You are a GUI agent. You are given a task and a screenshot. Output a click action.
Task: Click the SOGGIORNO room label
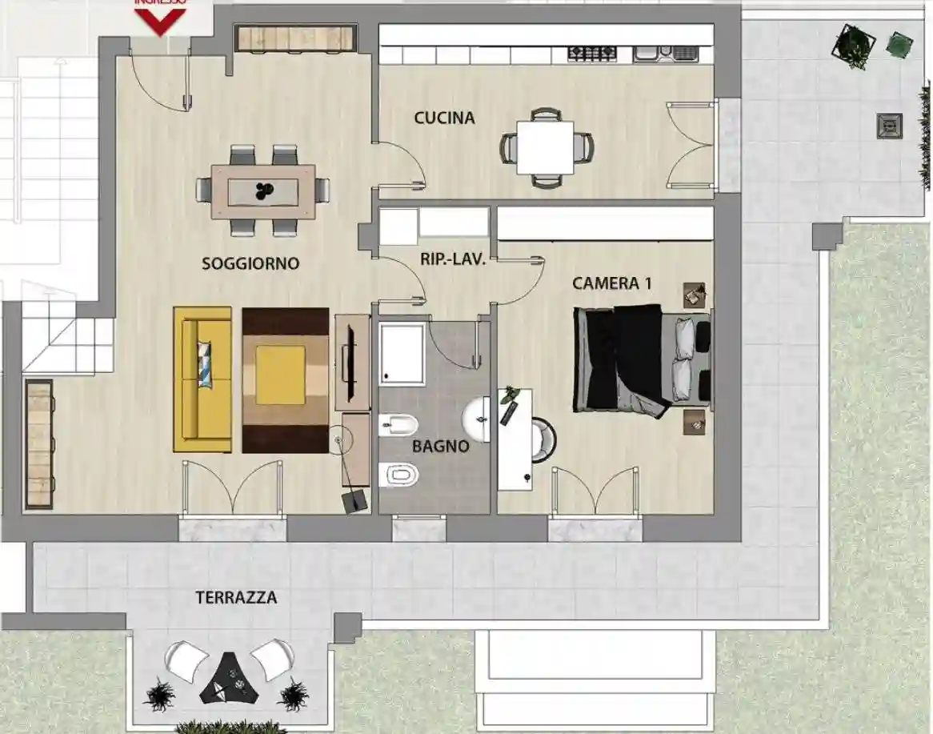point(250,263)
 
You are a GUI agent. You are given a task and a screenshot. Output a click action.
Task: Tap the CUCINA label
point(444,118)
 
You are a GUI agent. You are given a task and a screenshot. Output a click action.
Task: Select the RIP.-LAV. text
point(453,259)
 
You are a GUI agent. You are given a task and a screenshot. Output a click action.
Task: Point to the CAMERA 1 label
point(606,283)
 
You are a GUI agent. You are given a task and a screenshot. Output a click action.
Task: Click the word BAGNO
point(440,447)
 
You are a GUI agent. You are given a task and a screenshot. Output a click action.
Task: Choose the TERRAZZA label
point(237,598)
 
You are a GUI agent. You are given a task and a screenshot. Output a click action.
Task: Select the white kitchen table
point(545,147)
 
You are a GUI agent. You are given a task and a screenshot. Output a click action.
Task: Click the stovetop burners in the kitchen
point(592,54)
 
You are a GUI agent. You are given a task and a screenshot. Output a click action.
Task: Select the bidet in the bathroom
point(398,425)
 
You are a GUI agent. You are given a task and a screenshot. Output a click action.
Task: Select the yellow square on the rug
point(280,375)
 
